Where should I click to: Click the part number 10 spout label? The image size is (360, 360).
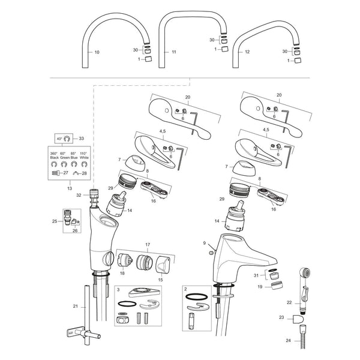pyautogui.click(x=97, y=52)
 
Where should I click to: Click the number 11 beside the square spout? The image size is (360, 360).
pyautogui.click(x=174, y=52)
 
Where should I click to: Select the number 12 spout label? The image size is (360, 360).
pyautogui.click(x=247, y=52)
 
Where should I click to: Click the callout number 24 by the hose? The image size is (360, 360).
pyautogui.click(x=288, y=340)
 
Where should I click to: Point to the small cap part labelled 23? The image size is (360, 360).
pyautogui.click(x=298, y=319)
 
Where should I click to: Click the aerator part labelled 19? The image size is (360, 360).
pyautogui.click(x=277, y=286)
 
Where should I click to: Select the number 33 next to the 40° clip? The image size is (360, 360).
pyautogui.click(x=81, y=139)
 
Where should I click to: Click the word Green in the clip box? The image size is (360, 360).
pyautogui.click(x=65, y=158)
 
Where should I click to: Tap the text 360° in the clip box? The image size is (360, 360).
pyautogui.click(x=54, y=154)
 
